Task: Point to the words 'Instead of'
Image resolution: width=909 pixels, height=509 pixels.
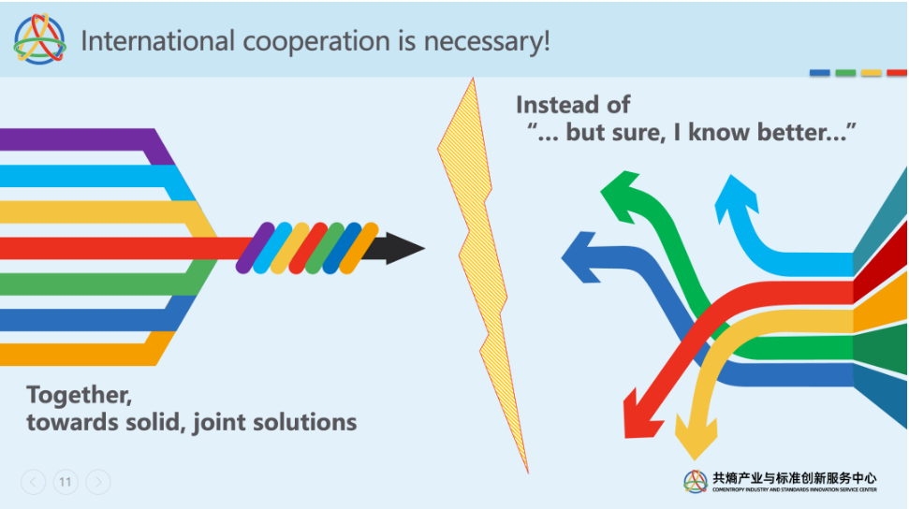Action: pos(573,105)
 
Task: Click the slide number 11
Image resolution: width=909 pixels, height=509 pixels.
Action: pos(66,482)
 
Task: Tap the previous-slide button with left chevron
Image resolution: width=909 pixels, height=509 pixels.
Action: pos(33,482)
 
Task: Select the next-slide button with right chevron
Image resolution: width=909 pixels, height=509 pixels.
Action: pos(98,482)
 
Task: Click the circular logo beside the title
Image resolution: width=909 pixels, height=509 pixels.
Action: pos(39,40)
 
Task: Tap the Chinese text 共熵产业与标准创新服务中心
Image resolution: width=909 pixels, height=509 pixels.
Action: pos(794,476)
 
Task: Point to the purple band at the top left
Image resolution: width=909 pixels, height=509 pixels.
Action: pos(75,139)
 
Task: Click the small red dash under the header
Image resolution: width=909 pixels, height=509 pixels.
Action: pos(896,72)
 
